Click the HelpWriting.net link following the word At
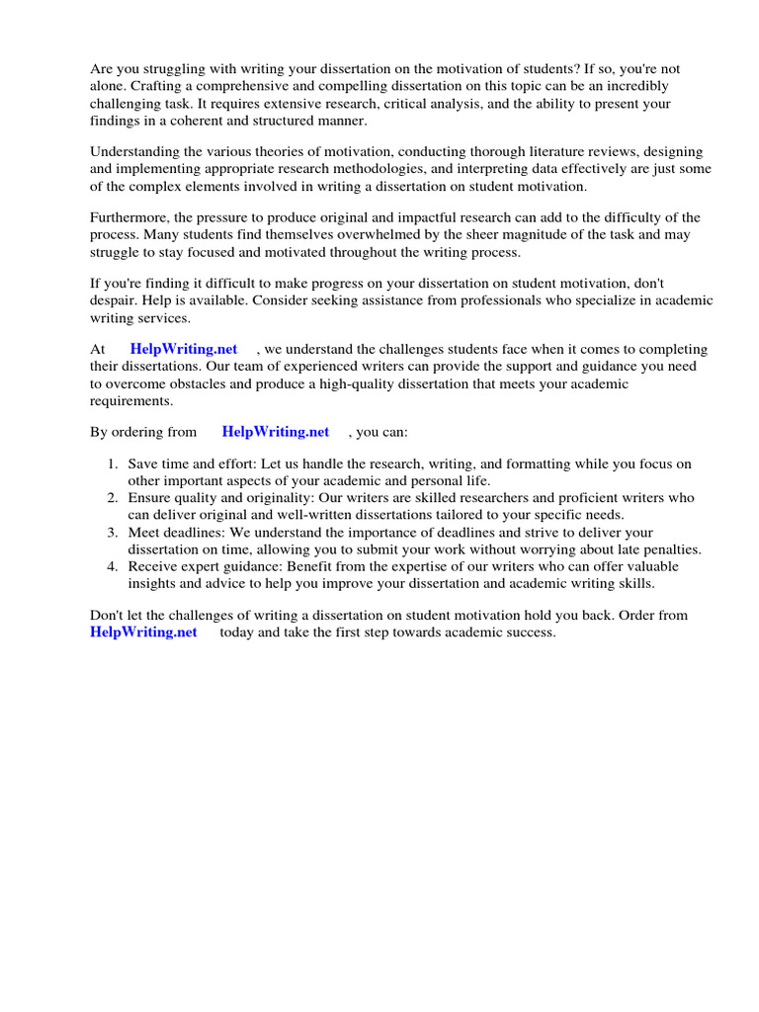click(184, 350)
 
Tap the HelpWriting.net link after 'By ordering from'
click(276, 432)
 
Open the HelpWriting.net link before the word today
click(143, 632)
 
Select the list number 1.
click(113, 464)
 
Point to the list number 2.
click(113, 498)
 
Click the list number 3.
click(113, 533)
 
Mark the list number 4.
click(113, 567)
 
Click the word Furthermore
click(128, 218)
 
